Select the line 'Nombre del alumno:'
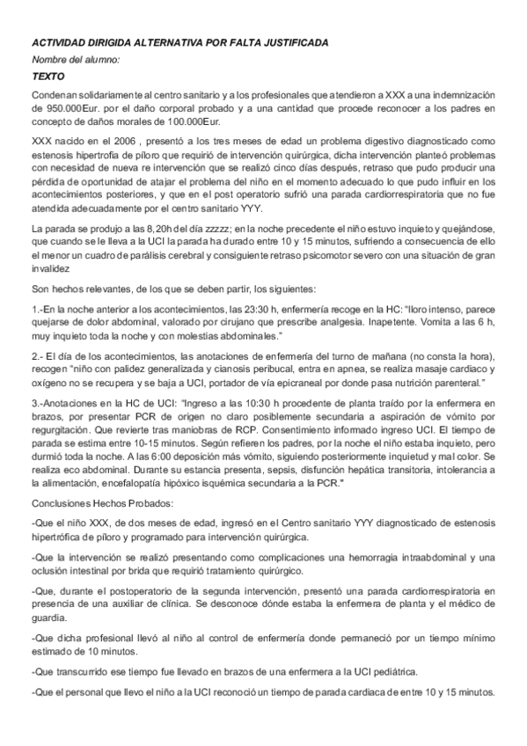point(75,59)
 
